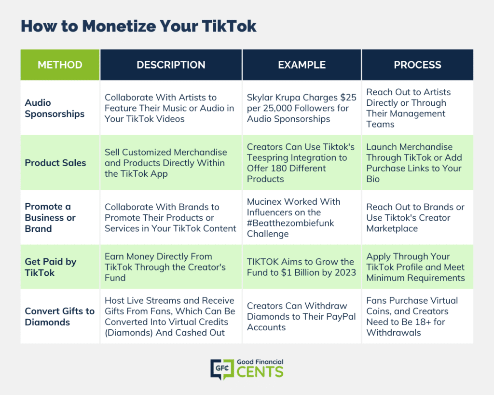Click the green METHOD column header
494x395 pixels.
(x=60, y=65)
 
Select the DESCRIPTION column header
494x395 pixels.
(x=171, y=65)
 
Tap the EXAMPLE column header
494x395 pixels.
(x=302, y=65)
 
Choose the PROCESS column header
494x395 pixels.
(x=417, y=65)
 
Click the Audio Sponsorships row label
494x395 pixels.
(x=55, y=108)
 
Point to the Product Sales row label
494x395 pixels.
(x=55, y=163)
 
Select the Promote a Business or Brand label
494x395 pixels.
(x=50, y=217)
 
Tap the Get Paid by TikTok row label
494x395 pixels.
(x=51, y=267)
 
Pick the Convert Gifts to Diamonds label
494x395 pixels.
(x=60, y=316)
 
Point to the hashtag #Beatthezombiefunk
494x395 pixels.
(x=290, y=223)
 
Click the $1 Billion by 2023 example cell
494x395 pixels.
(x=302, y=267)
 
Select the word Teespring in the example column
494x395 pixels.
(x=269, y=157)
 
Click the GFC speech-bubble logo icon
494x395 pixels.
(x=222, y=369)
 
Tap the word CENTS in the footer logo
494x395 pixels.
(x=260, y=372)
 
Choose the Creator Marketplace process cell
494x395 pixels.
(x=415, y=217)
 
